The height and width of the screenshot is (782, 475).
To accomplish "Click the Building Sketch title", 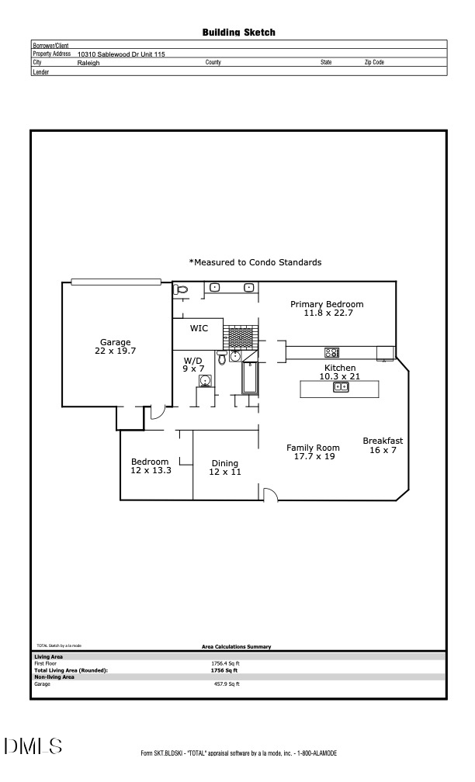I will tap(238, 33).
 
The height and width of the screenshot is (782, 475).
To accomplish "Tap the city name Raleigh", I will tap(88, 63).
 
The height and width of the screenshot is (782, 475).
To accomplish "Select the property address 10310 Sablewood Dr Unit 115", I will tap(121, 54).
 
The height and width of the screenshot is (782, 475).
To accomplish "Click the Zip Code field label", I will tap(374, 63).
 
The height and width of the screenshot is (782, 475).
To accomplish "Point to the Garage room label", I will tap(116, 342).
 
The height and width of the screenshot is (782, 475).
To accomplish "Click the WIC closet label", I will tap(199, 328).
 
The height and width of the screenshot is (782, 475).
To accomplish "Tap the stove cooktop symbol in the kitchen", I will tap(331, 352).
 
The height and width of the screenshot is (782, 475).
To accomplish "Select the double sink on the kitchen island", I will tap(341, 387).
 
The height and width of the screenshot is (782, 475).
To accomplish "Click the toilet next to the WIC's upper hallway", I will tap(181, 289).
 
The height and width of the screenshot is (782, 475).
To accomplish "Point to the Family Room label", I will tap(313, 448).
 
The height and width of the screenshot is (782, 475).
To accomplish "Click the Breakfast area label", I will tap(383, 441).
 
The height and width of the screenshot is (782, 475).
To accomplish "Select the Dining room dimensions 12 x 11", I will tap(225, 472).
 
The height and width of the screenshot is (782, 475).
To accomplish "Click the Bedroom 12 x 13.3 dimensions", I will tap(150, 470).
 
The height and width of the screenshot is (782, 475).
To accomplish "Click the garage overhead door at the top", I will tap(116, 282).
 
